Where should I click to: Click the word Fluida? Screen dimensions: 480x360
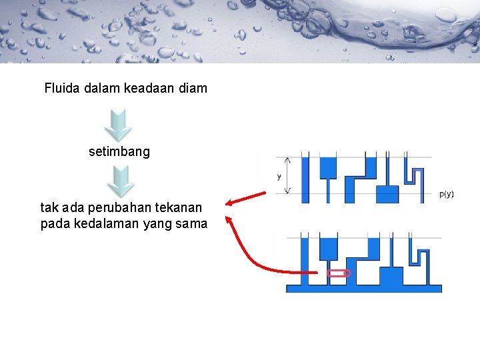pyautogui.click(x=63, y=88)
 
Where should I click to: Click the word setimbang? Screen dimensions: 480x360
pyautogui.click(x=119, y=152)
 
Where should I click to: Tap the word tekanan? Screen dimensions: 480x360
pyautogui.click(x=180, y=209)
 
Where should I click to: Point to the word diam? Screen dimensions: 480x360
pyautogui.click(x=193, y=88)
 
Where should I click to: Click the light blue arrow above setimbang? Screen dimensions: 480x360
pyautogui.click(x=119, y=123)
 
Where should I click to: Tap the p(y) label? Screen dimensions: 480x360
pyautogui.click(x=447, y=195)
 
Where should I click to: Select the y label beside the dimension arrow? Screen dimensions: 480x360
pyautogui.click(x=279, y=177)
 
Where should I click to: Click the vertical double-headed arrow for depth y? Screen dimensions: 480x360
pyautogui.click(x=288, y=176)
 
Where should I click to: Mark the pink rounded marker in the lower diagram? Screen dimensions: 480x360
pyautogui.click(x=339, y=273)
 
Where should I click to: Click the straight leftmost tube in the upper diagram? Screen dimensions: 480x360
pyautogui.click(x=305, y=177)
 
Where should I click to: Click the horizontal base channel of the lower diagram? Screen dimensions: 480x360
pyautogui.click(x=363, y=288)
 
